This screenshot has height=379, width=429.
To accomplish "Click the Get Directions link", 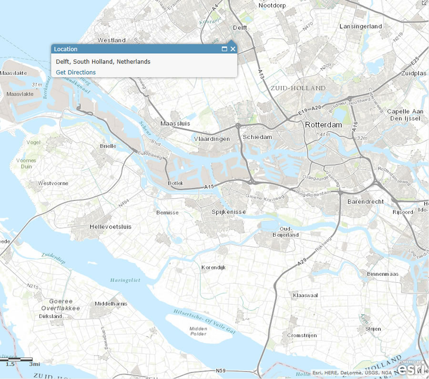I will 76,72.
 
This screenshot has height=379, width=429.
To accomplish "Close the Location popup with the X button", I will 233,49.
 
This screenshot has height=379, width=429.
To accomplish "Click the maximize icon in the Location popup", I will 225,49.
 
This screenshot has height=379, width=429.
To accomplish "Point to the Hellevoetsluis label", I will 111,227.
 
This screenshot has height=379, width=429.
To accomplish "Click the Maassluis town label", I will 175,124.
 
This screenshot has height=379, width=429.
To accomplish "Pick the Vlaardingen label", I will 212,139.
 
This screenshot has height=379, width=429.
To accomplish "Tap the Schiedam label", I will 257,137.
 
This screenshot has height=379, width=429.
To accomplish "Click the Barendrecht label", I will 366,202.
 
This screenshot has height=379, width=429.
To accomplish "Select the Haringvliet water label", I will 125,280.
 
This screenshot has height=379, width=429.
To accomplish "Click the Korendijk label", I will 213,268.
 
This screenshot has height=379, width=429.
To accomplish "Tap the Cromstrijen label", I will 302,336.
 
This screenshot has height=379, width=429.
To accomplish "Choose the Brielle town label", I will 108,146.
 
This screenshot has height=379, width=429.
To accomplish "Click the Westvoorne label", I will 53,183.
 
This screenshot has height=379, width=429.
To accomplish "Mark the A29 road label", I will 301,262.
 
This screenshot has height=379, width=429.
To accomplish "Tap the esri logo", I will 409,369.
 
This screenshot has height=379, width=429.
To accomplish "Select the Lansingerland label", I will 361,27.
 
